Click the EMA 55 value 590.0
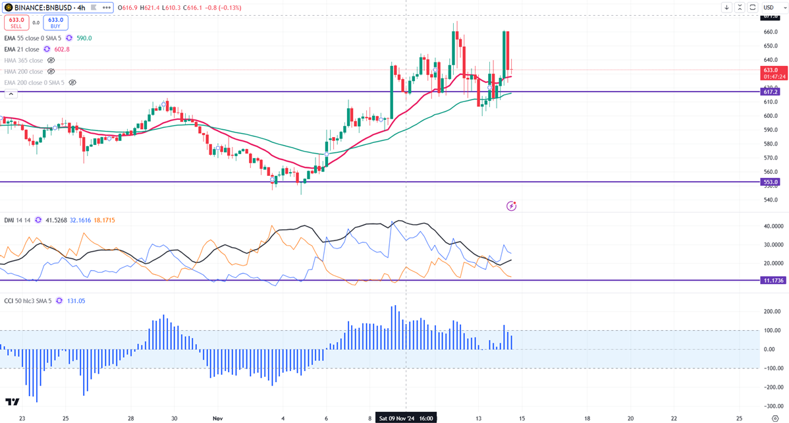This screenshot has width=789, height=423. (82, 38)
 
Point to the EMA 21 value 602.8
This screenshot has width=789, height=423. (61, 49)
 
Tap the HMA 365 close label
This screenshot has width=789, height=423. (24, 61)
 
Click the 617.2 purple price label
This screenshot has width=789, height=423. (771, 92)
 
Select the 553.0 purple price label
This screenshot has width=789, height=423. (771, 182)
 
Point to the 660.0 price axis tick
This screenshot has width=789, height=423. (771, 32)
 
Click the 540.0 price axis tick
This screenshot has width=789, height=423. (771, 200)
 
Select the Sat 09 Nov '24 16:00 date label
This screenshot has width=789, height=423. (405, 418)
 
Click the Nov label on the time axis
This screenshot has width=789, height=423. (218, 418)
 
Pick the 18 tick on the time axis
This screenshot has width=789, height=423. (587, 418)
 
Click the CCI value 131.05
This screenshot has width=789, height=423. (76, 300)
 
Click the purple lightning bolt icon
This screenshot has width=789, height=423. (511, 206)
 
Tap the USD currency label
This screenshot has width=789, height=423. (769, 7)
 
